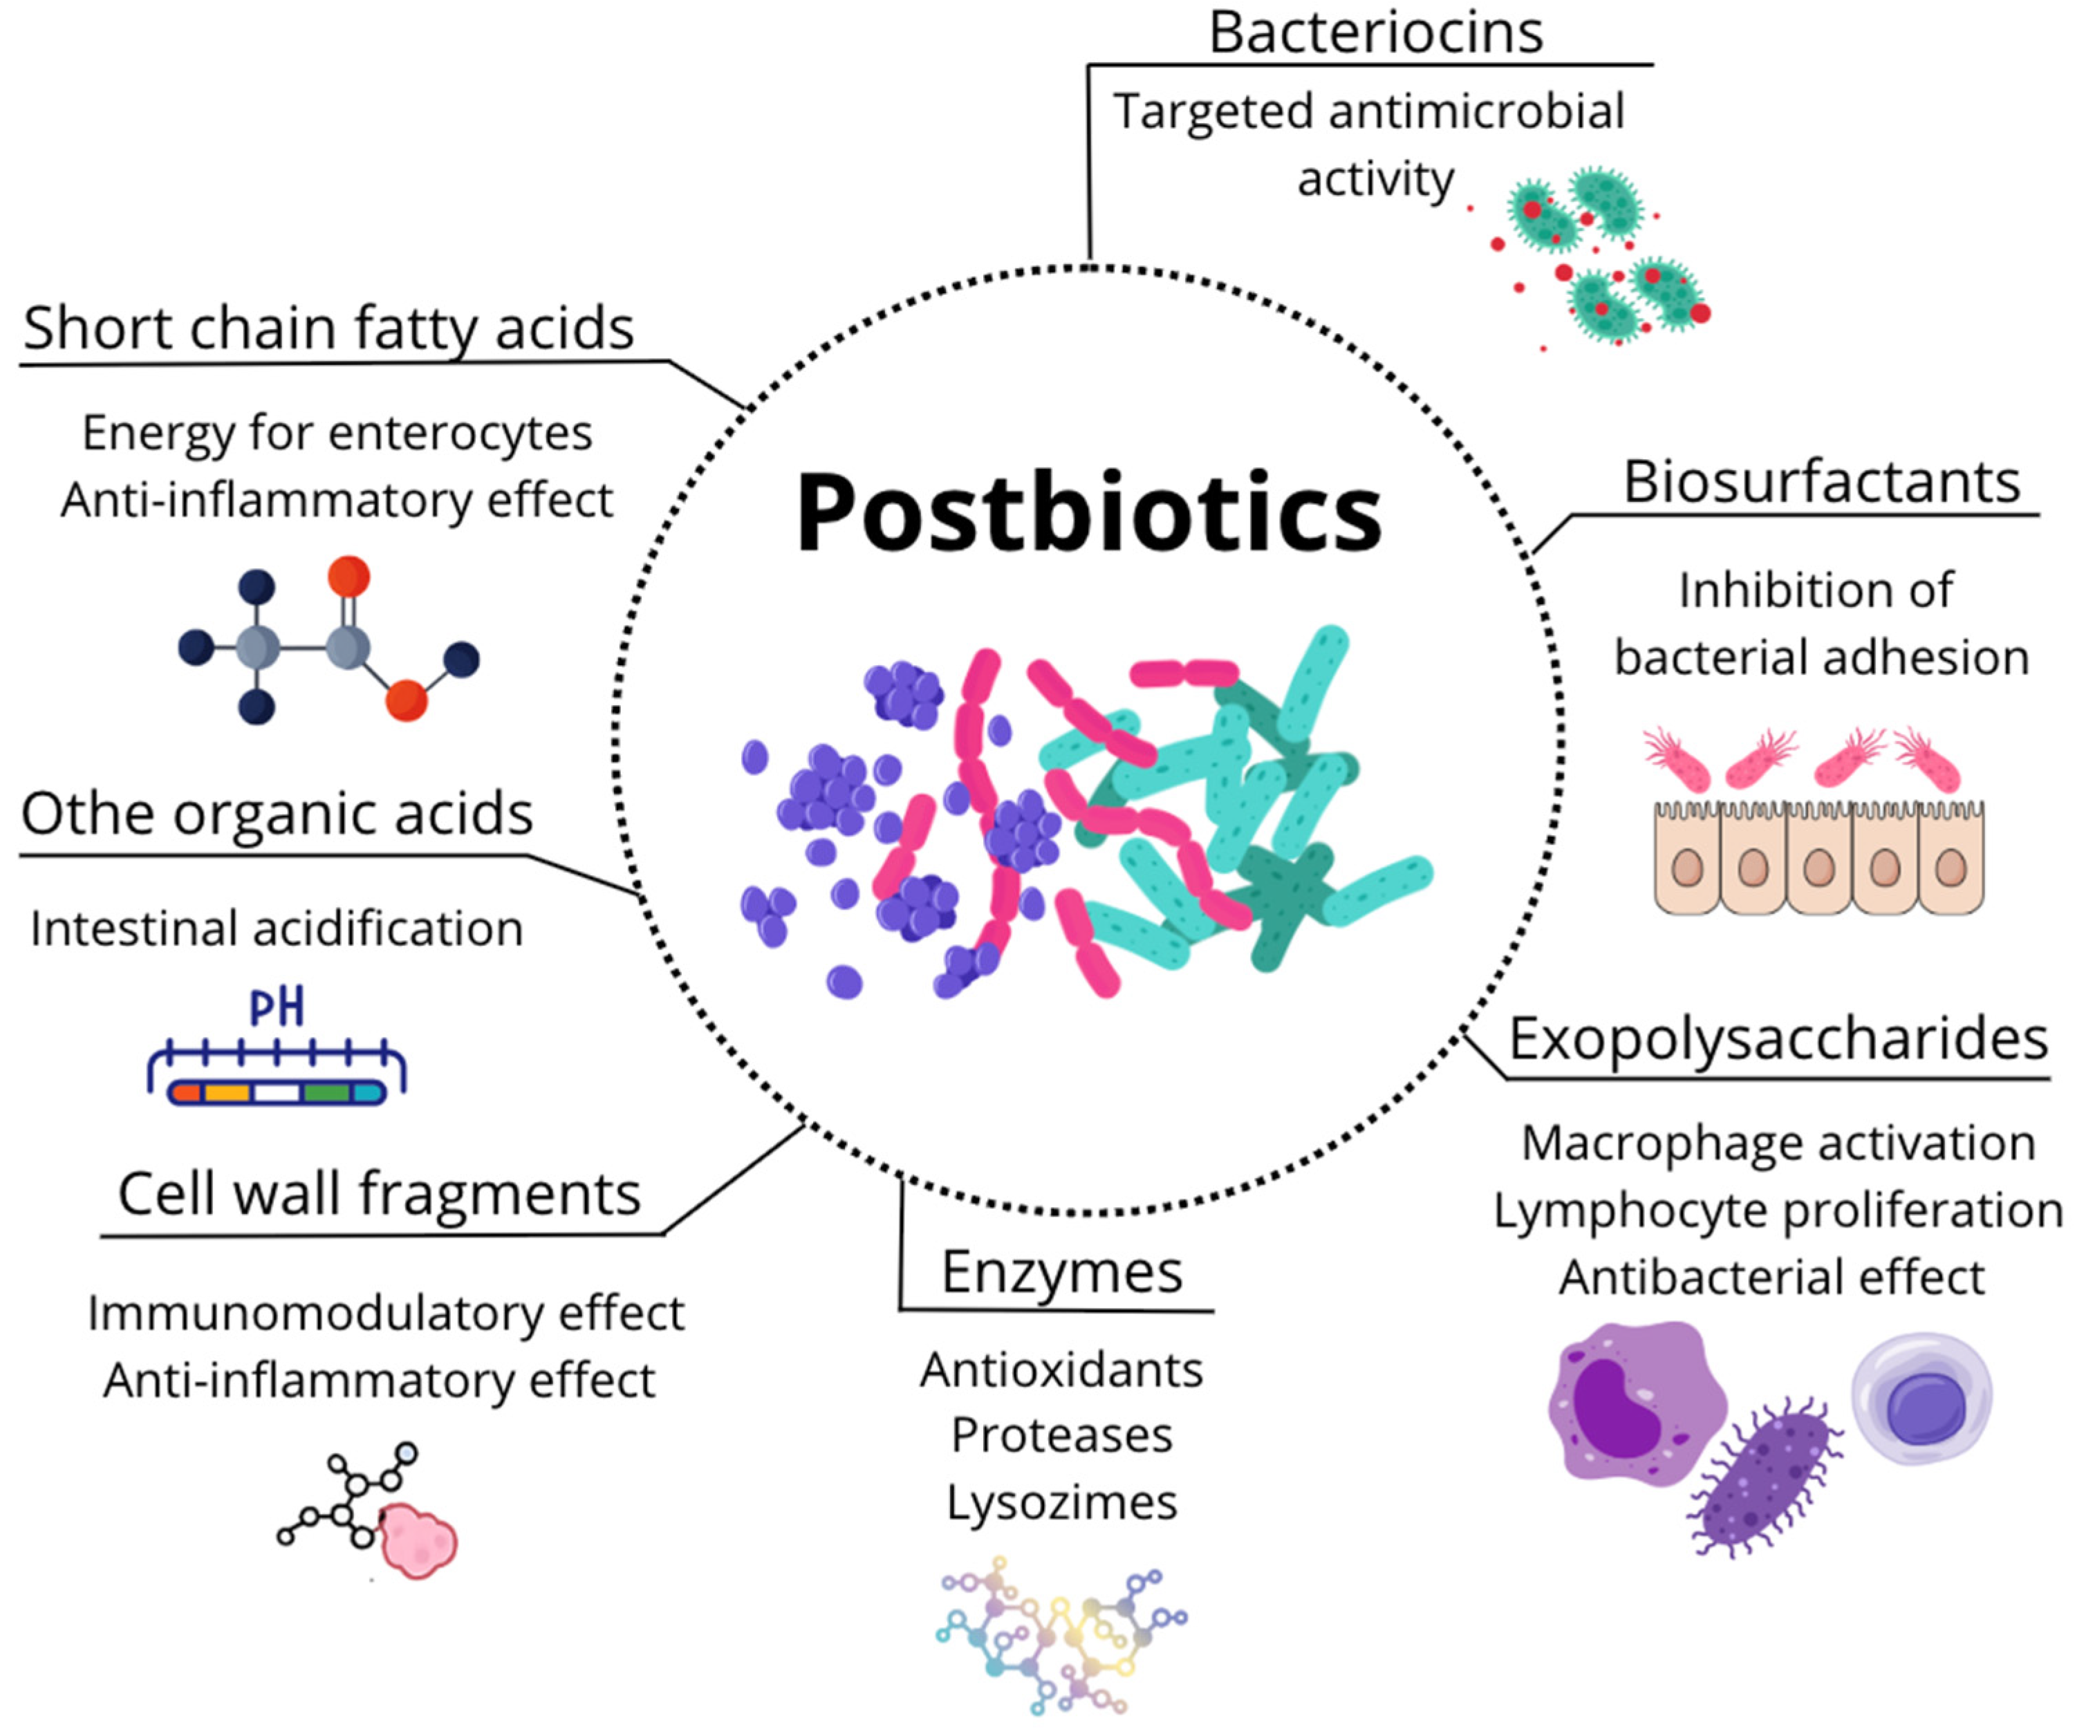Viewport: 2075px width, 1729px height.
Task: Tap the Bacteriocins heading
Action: (x=1375, y=32)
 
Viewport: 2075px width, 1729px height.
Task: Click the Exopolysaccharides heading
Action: (x=1778, y=1038)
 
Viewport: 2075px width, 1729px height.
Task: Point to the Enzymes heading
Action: (x=1061, y=1271)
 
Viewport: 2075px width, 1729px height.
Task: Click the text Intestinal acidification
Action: (x=277, y=928)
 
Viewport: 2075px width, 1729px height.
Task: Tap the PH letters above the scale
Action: (x=277, y=1008)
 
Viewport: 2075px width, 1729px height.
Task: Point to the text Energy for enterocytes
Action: (x=337, y=433)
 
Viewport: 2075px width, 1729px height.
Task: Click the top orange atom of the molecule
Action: (x=348, y=576)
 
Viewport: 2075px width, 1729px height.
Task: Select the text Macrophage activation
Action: (x=1778, y=1143)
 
